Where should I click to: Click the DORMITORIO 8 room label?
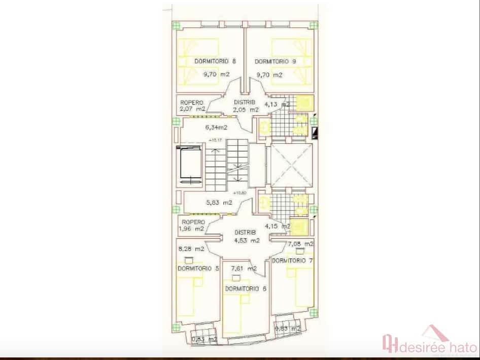point(215,61)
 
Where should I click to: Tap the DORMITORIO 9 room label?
point(276,61)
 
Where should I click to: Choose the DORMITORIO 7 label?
point(292,260)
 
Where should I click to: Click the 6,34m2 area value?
point(216,127)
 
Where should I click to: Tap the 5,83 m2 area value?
point(219,202)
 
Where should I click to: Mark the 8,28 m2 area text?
point(191,249)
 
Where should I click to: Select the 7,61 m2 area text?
point(244,268)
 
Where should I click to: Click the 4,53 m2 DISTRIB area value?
point(247,241)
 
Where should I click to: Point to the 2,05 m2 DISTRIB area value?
point(246,109)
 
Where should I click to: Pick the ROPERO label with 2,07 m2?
point(192,102)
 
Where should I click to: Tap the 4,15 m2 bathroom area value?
point(278,226)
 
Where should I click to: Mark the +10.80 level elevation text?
point(239,193)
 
